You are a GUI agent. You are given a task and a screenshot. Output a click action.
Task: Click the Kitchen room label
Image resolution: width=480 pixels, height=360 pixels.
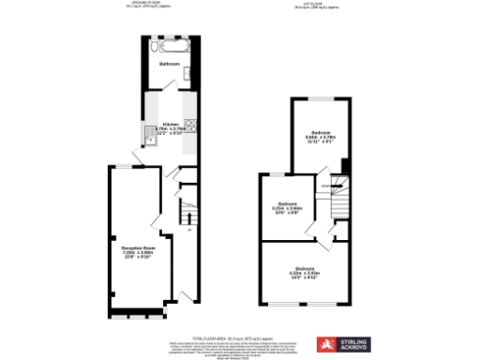(x=171, y=124)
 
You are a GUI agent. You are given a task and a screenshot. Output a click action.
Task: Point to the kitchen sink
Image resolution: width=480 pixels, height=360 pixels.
(x=148, y=138)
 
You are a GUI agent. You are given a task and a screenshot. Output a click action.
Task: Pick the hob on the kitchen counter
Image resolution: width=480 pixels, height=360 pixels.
(x=189, y=123)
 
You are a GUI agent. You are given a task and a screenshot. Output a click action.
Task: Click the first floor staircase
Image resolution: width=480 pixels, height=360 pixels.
(x=339, y=198)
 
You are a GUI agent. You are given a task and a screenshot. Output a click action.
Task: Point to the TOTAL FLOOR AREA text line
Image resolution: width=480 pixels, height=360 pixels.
(x=239, y=337)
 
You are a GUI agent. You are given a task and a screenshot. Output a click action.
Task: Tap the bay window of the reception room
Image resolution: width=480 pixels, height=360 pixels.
(x=136, y=308)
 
